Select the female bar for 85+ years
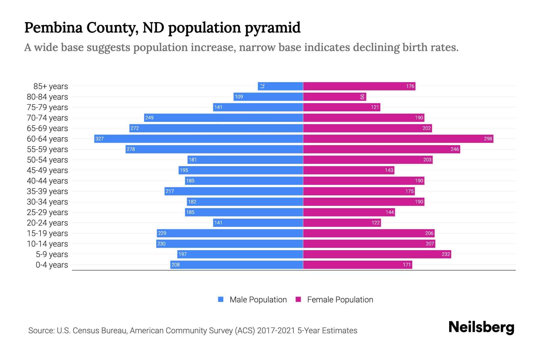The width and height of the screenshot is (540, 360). pos(359,86)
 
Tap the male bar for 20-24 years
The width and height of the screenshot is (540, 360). pos(258,223)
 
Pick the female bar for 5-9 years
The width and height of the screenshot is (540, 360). pos(377,254)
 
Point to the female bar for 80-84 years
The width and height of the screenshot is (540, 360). pos(334,97)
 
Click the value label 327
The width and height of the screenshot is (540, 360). pos(100,139)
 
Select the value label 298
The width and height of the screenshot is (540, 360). pos(488,139)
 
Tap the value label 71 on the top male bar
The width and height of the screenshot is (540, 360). pos(262,86)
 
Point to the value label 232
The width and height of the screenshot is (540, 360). pos(446,254)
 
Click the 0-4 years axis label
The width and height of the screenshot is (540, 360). pos(52,265)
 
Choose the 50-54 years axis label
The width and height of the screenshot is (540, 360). pos(47,160)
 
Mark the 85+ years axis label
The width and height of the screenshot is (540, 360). pos(51,86)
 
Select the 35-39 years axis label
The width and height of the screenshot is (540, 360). pos(47,191)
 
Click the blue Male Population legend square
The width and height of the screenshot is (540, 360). pos(221,299)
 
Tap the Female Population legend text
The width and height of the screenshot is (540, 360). pos(340,300)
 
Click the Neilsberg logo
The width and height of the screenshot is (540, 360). pos(481,327)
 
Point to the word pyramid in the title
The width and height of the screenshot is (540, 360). pos(272,28)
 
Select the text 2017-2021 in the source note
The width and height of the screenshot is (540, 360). pos(276,331)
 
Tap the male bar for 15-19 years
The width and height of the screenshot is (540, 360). pos(230,233)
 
